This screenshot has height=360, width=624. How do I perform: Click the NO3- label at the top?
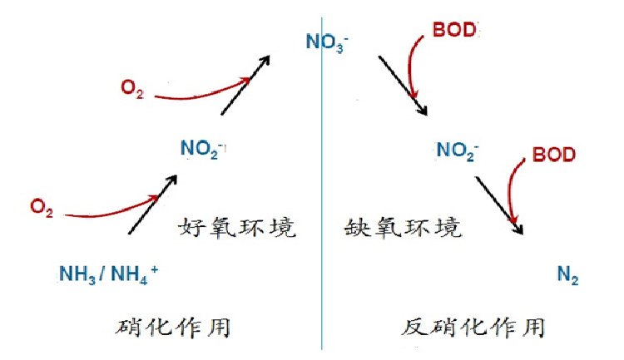[326, 40]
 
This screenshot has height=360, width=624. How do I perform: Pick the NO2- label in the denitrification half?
[458, 150]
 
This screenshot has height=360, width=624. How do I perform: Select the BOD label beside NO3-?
[455, 30]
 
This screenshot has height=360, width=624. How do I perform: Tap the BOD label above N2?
[553, 154]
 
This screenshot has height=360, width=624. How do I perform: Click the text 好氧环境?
[237, 226]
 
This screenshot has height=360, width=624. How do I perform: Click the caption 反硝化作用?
[473, 327]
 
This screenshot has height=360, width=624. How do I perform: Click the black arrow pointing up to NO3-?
[245, 86]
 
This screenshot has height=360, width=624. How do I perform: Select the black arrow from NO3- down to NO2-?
[403, 86]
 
